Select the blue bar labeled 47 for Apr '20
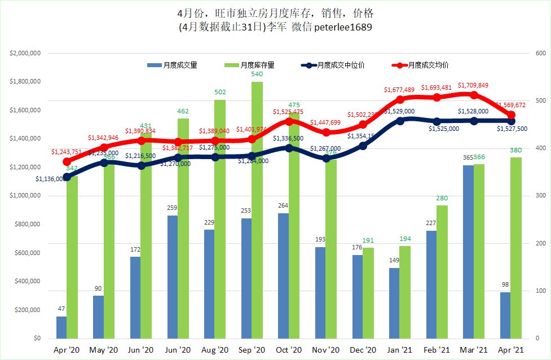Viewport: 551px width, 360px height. (61, 328)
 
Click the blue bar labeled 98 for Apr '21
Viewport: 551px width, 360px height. (505, 315)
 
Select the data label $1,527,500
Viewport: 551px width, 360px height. (512, 129)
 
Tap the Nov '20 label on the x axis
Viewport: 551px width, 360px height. (325, 350)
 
